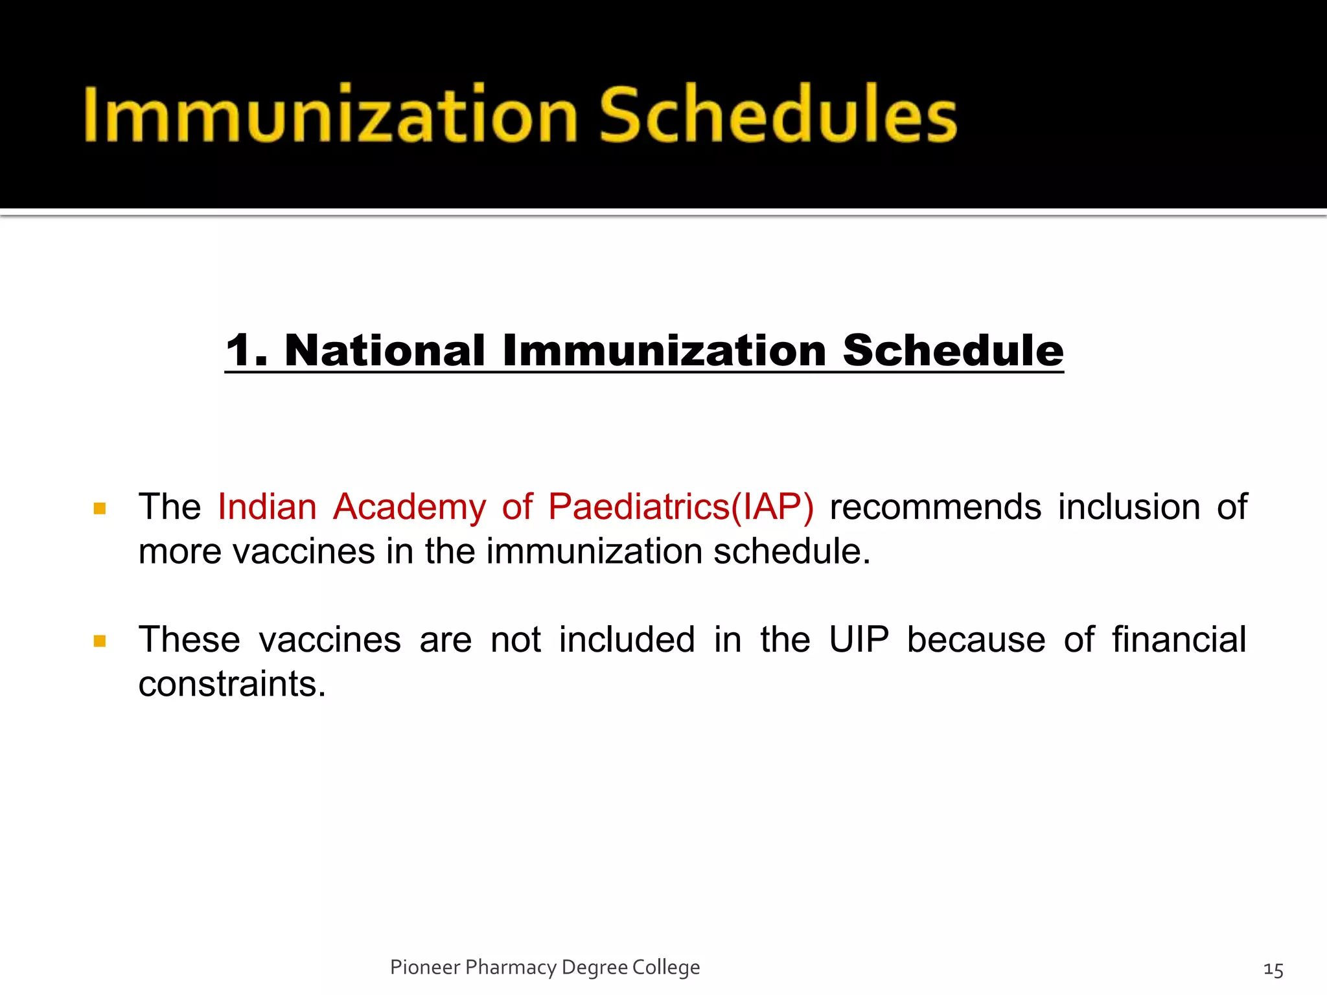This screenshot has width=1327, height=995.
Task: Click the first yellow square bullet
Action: coord(100,509)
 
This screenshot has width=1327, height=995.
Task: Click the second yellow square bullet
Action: coord(100,641)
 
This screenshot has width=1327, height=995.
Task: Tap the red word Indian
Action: coord(267,507)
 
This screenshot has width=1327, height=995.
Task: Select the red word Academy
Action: coord(409,507)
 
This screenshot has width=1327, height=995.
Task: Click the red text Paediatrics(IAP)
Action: coord(680,507)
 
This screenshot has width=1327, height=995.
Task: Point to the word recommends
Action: coord(935,507)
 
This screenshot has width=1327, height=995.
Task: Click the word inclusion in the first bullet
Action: coord(1129,507)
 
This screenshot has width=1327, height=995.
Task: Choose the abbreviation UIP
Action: coord(859,639)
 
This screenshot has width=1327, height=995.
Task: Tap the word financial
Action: coord(1179,639)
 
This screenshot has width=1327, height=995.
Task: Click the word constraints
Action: coord(231,684)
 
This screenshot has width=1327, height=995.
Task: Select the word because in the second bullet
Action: coord(976,639)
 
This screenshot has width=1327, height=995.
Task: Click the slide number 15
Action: coord(1273,970)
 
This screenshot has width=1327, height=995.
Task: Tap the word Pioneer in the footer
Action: coord(424,967)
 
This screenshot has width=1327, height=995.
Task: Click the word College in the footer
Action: coord(666,967)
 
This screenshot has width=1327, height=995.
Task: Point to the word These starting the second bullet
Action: coord(189,639)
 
